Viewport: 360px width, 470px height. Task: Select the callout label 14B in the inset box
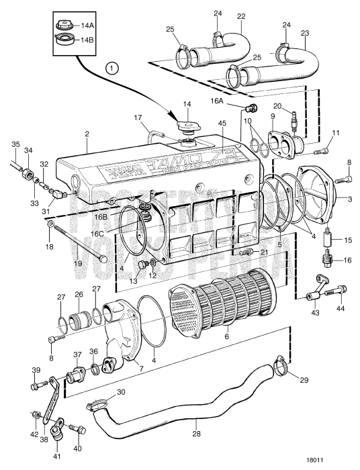point(88,40)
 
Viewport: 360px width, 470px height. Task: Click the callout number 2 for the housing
point(87,134)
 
